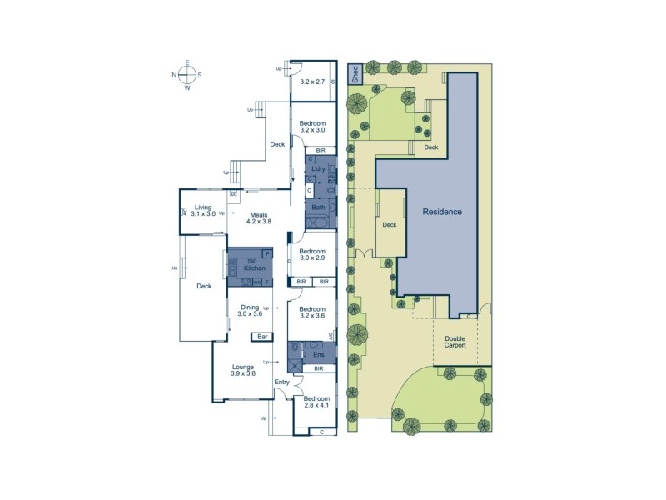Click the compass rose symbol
coord(187,75)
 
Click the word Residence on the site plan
coord(441,212)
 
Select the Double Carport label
coord(455,341)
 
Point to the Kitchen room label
coord(254,267)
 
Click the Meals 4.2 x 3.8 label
coord(259,217)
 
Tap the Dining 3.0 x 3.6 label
coord(250,310)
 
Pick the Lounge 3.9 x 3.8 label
coord(243,370)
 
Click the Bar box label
coord(261,337)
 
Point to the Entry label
coord(281,382)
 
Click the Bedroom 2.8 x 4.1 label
coord(316,403)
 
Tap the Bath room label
coord(319,207)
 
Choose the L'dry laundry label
coord(317,169)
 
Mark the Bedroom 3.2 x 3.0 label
coord(312,127)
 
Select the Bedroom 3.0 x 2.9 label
coord(312,255)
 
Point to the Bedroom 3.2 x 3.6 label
coord(312,312)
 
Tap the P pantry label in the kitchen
coord(268,252)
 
